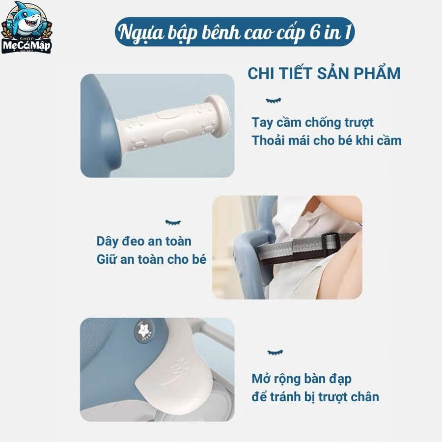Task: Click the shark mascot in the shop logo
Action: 28,20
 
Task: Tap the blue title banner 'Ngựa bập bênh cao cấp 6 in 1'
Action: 235,32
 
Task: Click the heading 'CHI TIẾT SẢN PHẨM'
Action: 324,73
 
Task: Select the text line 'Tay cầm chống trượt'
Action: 312,123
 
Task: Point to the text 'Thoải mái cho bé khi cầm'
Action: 327,140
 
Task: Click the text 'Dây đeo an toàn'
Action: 144,241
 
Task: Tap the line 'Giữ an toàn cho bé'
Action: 151,259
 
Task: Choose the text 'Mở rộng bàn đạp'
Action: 302,379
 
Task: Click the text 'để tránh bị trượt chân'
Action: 315,397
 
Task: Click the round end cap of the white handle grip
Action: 219,116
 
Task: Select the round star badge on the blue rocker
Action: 144,331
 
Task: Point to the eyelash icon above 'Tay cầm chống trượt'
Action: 274,100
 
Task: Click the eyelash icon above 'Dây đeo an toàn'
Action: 173,222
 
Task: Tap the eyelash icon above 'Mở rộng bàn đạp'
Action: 275,352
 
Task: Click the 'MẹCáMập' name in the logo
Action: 27,46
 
